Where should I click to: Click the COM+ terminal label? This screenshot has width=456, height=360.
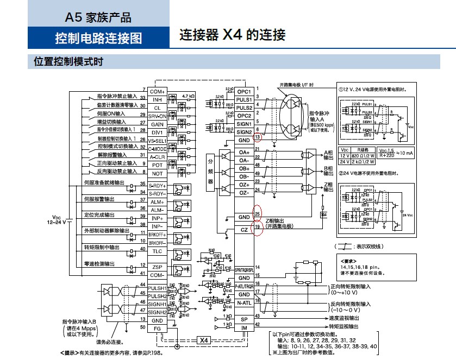[157, 91]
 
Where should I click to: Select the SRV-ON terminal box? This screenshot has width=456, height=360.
[157, 116]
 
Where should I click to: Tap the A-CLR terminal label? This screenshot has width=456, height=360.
[157, 156]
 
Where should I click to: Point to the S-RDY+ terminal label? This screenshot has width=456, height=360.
[157, 186]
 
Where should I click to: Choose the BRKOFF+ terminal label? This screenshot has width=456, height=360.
[157, 234]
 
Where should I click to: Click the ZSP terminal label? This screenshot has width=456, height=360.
[157, 266]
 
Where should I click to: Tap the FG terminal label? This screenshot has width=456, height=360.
[157, 328]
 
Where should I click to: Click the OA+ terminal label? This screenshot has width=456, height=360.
[244, 152]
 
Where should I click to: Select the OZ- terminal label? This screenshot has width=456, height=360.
[244, 193]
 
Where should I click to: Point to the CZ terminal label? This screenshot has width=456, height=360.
[244, 230]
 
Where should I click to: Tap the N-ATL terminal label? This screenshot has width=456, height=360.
[244, 302]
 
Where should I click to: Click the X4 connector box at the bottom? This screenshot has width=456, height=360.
[204, 340]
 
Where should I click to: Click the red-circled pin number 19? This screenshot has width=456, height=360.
[258, 226]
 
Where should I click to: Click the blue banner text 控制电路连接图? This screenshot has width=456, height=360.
[98, 38]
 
